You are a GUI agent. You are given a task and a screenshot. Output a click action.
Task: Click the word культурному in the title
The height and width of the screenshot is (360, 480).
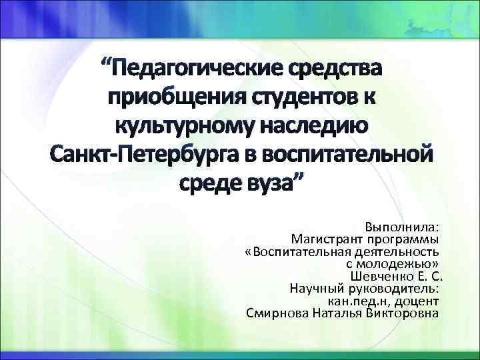point(186,125)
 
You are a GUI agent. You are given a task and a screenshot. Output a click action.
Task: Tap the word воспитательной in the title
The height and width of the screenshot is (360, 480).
point(346,154)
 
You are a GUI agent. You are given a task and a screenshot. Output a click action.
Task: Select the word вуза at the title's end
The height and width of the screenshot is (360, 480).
point(274,182)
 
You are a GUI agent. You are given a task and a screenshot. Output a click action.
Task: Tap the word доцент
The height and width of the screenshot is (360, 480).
point(417,300)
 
